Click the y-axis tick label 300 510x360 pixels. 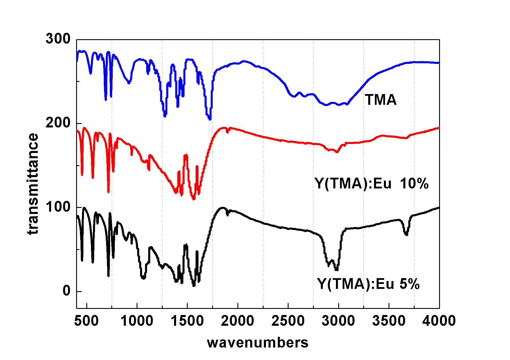pyautogui.click(x=58, y=39)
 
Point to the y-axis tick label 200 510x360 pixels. pyautogui.click(x=58, y=123)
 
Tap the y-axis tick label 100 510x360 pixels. pyautogui.click(x=58, y=207)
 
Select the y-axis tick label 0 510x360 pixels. pyautogui.click(x=67, y=291)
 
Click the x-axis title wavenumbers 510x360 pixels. pyautogui.click(x=257, y=343)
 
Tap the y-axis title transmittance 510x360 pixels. pyautogui.click(x=33, y=183)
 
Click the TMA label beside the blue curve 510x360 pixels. pyautogui.click(x=381, y=100)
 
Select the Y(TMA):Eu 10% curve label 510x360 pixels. pyautogui.click(x=372, y=183)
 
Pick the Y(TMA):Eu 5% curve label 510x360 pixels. pyautogui.click(x=368, y=284)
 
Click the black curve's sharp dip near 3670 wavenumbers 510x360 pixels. pyautogui.click(x=406, y=234)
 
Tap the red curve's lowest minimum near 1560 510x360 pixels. pyautogui.click(x=194, y=199)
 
